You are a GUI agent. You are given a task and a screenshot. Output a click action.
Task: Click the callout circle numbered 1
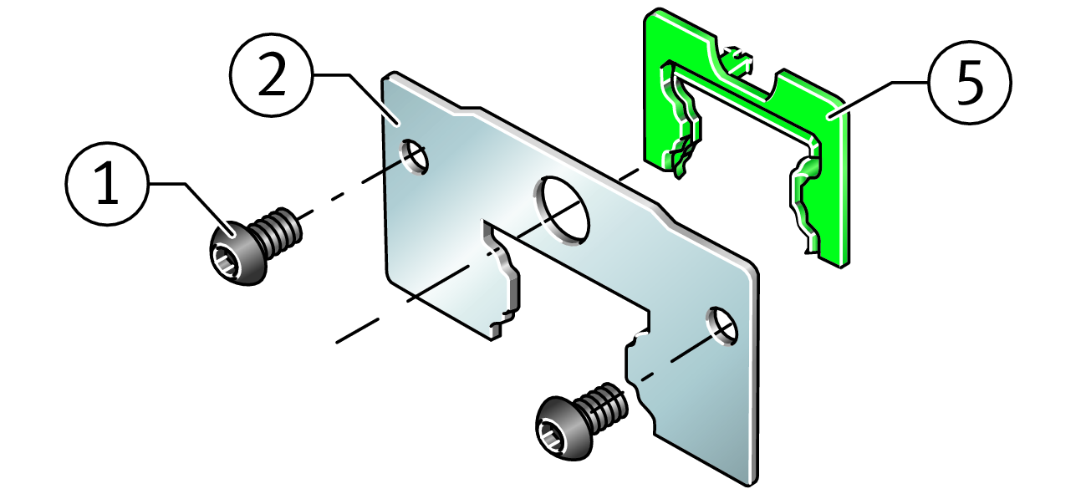(107, 184)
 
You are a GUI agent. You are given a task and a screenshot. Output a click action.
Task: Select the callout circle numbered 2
(272, 75)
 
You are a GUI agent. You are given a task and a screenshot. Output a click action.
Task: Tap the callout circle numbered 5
(970, 83)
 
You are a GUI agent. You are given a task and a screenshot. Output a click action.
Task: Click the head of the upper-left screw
(237, 253)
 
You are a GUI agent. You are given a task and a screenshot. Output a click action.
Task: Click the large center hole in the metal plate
(562, 211)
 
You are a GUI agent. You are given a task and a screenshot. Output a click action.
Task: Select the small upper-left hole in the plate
(414, 157)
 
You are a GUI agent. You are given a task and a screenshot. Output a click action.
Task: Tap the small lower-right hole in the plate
(721, 326)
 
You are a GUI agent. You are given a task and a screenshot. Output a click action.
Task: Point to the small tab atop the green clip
(738, 60)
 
